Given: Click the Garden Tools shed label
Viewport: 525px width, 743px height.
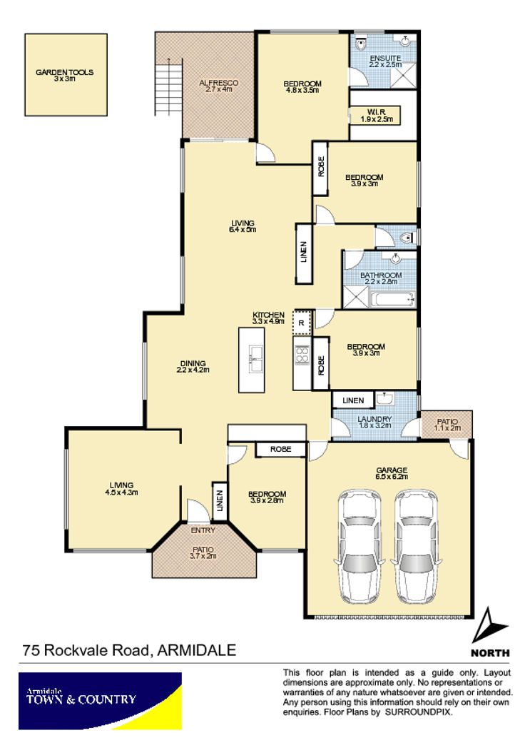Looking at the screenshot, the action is click(x=64, y=76).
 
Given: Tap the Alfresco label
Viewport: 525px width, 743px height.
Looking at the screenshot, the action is click(x=219, y=86).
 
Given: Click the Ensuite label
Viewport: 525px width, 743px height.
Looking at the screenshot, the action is click(x=386, y=61).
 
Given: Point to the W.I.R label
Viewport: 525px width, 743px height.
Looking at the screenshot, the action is click(x=377, y=116).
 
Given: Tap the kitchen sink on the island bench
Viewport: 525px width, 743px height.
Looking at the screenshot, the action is click(x=255, y=359).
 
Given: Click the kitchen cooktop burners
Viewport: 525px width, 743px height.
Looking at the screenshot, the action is click(x=302, y=355).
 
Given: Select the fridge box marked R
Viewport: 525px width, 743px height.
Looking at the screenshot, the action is click(x=302, y=323).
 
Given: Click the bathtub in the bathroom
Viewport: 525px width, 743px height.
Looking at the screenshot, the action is click(x=394, y=299).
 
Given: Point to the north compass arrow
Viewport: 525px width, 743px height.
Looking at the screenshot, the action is click(x=489, y=625).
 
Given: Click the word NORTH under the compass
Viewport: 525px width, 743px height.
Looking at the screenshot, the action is click(x=490, y=653).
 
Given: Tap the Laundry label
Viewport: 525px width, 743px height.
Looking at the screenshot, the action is click(x=374, y=422).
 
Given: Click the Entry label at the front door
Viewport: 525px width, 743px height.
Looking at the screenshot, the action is click(x=203, y=530).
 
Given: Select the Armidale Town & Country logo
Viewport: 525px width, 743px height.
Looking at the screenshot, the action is click(x=100, y=701).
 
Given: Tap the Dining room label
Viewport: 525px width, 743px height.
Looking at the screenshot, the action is click(x=193, y=367).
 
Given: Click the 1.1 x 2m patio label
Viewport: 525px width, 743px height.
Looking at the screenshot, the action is click(x=447, y=425).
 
